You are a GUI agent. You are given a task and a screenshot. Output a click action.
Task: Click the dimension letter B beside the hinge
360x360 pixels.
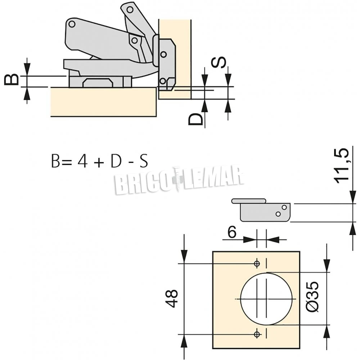pos(12,80)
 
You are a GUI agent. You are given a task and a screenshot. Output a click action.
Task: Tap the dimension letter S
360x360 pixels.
pos(219,62)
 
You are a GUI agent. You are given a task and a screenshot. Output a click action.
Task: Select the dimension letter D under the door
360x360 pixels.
pos(195,119)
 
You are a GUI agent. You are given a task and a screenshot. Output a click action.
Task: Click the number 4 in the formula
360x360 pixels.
pos(82,161)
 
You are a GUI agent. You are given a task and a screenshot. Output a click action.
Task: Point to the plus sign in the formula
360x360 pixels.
pos(99,162)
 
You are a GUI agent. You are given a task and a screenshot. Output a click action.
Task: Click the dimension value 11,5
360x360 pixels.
pos(341,166)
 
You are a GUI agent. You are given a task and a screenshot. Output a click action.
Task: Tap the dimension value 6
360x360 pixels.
pos(232,232)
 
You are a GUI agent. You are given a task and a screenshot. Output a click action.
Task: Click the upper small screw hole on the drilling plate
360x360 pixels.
pos(257,264)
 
